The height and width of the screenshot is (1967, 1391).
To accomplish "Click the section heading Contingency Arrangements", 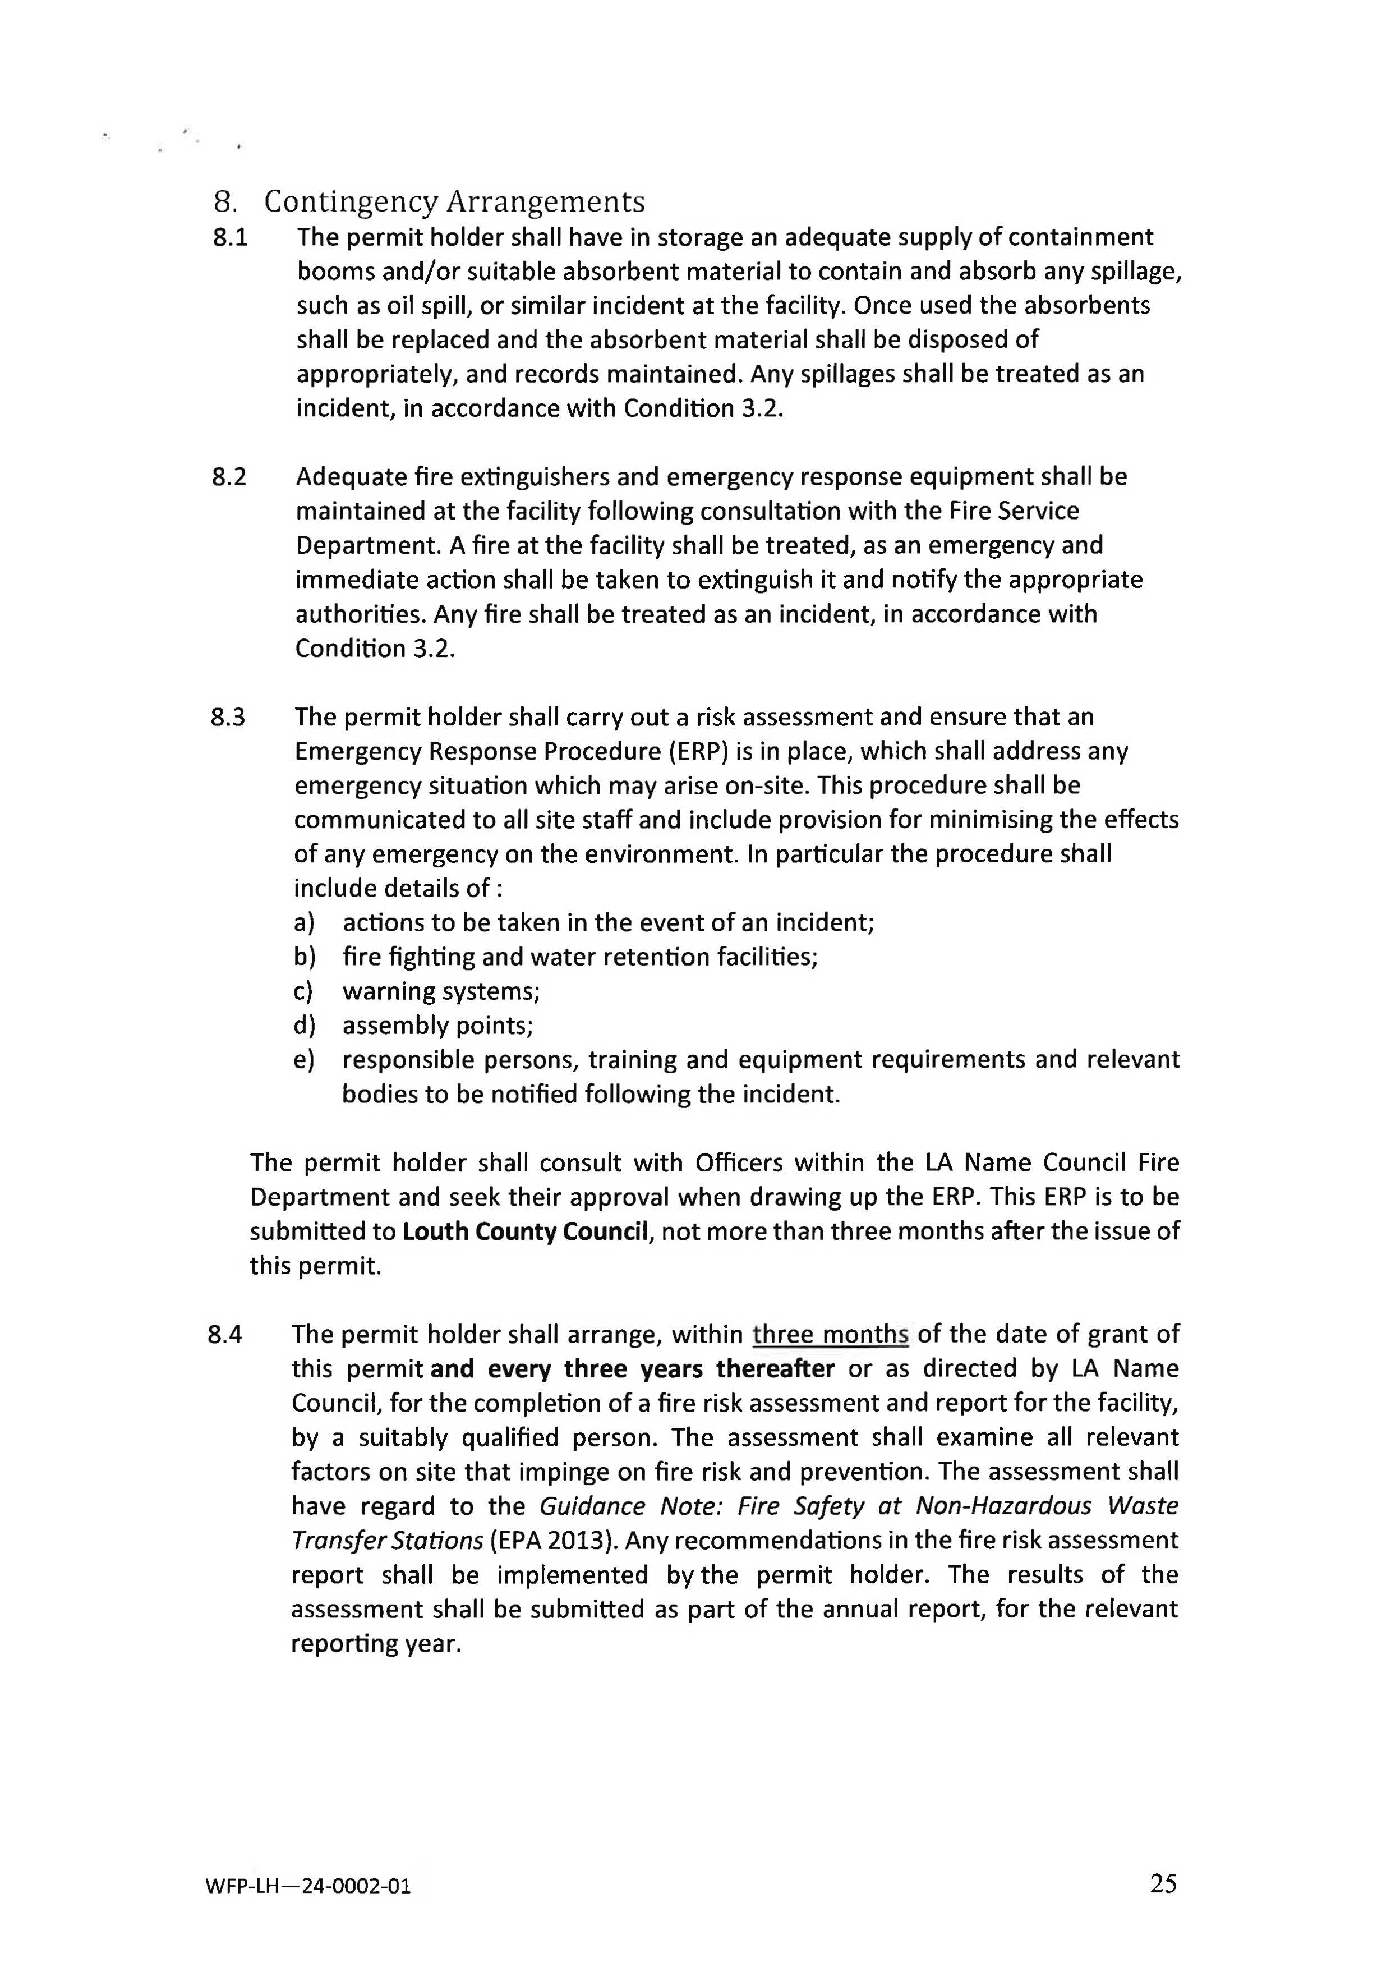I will pos(454,202).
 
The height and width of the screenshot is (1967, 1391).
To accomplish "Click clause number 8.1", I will pos(229,237).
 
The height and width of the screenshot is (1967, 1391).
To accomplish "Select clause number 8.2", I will pos(229,477).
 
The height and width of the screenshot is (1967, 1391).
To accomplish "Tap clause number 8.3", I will pos(228,717).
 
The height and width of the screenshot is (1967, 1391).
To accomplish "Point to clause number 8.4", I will pos(225,1334).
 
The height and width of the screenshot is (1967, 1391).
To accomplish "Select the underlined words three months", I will pos(830,1334).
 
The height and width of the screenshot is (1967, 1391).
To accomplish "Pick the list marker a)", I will pos(304,923).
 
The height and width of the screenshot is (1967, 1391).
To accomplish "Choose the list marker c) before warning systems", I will pos(303,991).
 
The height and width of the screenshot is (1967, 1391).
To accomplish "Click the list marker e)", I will pos(303,1060).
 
